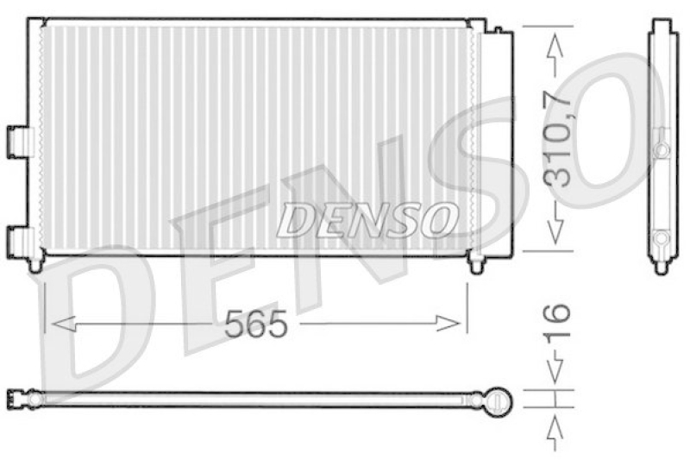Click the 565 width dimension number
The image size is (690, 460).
coord(254,325)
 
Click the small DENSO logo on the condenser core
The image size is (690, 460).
coord(367,220)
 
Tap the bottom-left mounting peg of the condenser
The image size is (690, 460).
coord(34,264)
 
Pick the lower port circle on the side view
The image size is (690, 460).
coord(662,238)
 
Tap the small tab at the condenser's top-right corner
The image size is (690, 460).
coord(499,29)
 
